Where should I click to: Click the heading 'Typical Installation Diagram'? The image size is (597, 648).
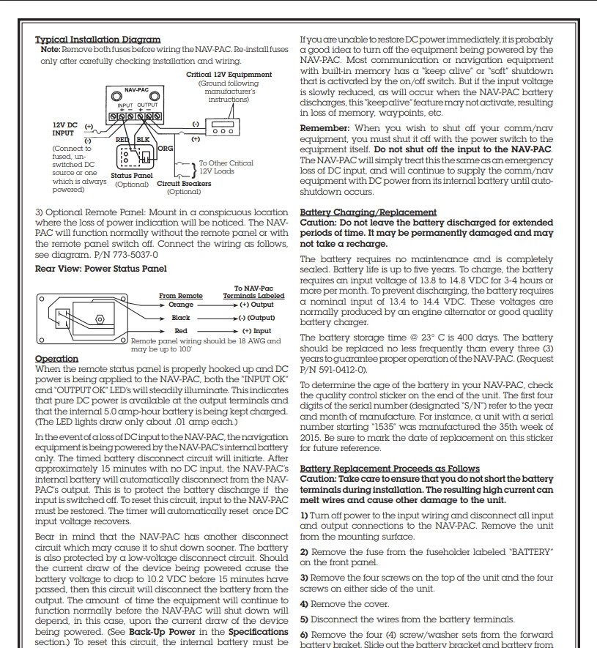click(98, 39)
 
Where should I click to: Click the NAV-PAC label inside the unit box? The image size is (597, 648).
click(136, 89)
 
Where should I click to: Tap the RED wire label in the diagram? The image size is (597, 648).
click(122, 138)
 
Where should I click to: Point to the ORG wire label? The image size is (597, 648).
click(166, 148)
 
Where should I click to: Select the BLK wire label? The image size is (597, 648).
click(143, 138)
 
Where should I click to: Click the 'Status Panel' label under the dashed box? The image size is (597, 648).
click(132, 176)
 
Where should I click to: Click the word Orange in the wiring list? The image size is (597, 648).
click(181, 305)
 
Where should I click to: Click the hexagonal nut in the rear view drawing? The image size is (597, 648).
click(100, 319)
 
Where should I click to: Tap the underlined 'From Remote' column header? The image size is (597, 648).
click(181, 296)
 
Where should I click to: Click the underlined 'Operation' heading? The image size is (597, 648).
click(56, 359)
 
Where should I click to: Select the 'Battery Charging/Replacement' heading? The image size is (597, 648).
click(368, 212)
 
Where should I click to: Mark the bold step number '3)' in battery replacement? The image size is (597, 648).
click(305, 578)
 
